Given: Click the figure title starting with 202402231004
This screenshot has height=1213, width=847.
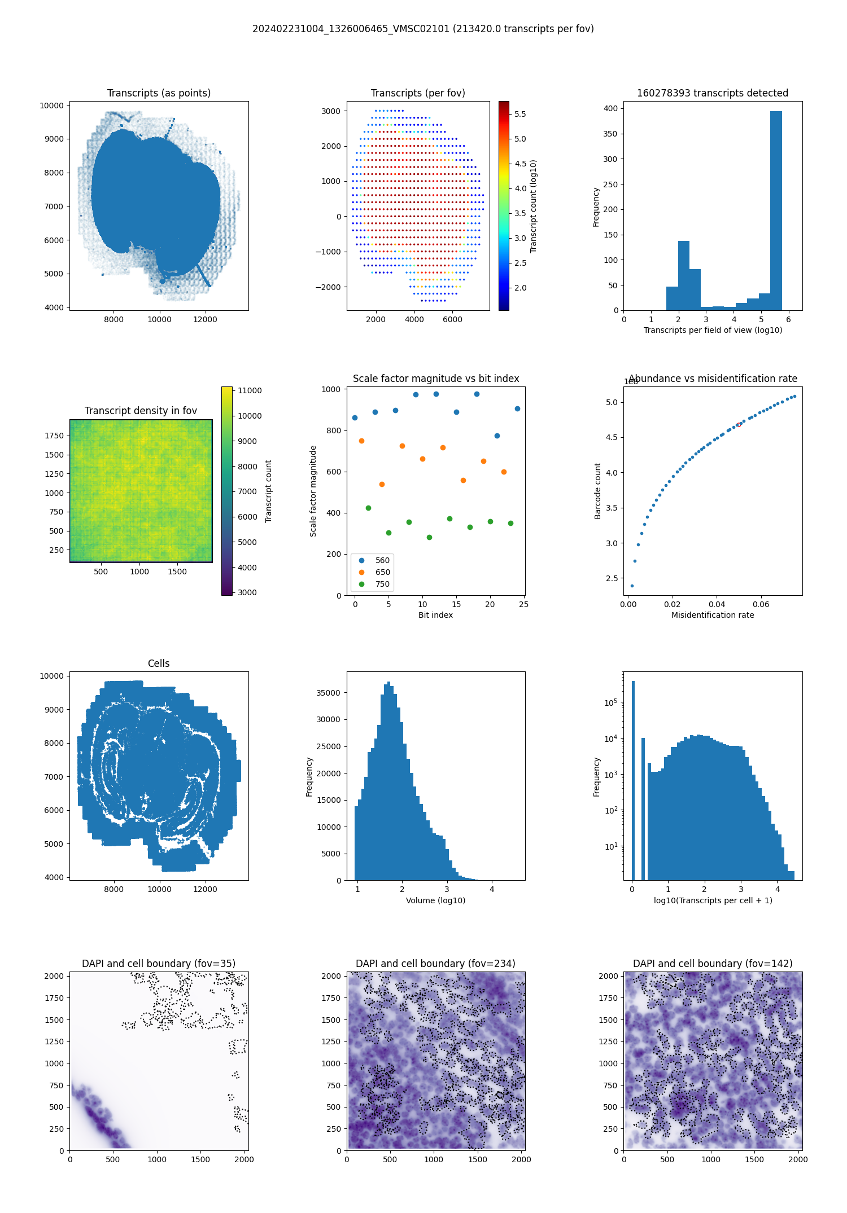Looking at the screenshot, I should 423,29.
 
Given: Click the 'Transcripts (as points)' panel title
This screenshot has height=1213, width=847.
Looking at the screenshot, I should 159,93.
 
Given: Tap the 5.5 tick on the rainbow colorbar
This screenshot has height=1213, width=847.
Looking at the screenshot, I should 520,114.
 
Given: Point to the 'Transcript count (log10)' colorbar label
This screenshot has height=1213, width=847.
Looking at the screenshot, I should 534,206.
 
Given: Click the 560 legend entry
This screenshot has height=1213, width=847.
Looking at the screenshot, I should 382,560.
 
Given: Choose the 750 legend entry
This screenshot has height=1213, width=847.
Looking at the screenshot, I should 382,584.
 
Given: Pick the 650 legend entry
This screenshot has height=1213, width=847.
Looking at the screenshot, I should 382,572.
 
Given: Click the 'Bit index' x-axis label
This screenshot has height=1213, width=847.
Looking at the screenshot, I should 435,615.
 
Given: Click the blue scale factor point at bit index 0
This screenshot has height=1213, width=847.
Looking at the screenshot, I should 355,417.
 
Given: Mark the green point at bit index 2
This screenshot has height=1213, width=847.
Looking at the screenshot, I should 368,508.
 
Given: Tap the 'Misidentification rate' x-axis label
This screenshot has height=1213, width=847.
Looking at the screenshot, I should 713,615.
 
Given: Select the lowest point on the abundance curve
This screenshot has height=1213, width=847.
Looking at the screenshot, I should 632,586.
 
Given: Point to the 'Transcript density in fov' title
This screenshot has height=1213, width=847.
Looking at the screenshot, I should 141,411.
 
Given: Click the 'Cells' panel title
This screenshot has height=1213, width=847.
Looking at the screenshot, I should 159,663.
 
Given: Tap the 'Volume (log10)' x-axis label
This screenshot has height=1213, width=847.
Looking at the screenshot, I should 435,900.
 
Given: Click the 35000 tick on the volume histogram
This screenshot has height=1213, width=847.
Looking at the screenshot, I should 328,693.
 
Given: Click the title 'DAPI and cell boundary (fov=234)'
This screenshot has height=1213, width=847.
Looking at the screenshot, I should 435,964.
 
